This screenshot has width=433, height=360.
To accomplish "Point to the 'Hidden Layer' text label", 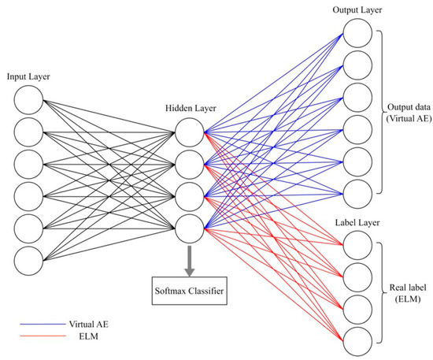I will click(191, 107).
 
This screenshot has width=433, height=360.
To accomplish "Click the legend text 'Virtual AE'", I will click(91, 324).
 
